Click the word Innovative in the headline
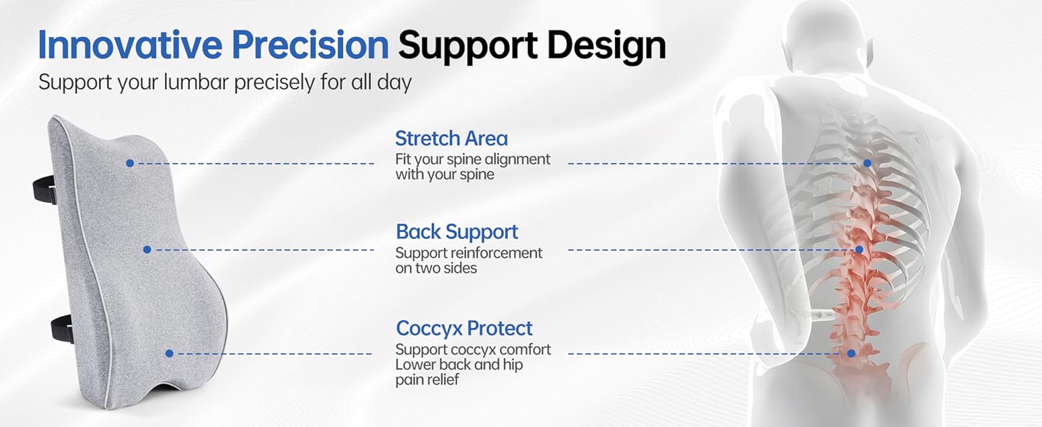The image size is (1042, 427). [x=130, y=45]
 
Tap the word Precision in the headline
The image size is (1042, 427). [x=310, y=45]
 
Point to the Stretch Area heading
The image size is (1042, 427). [x=451, y=138]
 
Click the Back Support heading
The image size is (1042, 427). [x=457, y=231]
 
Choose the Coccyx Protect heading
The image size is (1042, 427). [x=464, y=328]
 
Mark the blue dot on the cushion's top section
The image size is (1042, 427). [x=130, y=163]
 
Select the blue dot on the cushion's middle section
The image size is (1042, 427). [x=147, y=250]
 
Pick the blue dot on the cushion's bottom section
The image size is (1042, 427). [x=169, y=354]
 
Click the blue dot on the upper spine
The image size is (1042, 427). [x=867, y=163]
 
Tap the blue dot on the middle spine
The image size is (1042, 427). [x=859, y=250]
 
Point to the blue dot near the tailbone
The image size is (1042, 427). [x=851, y=354]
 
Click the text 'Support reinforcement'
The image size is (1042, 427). [x=469, y=253]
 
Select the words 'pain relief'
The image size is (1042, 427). [x=427, y=379]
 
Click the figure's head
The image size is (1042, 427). [x=826, y=40]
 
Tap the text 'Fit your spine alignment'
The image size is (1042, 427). [x=473, y=159]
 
